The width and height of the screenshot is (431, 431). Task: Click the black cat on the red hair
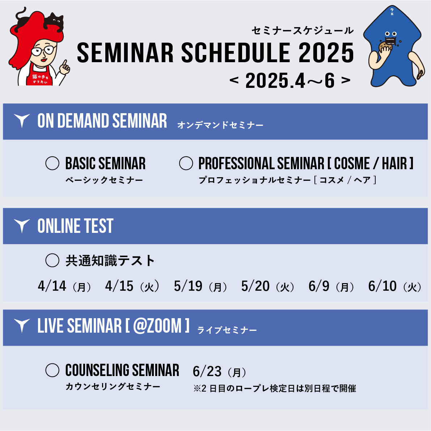(x=54, y=22)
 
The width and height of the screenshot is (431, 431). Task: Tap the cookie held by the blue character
(x=385, y=47)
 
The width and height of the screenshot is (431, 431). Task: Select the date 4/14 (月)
(x=64, y=286)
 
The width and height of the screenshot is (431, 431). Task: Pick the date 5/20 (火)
(x=268, y=286)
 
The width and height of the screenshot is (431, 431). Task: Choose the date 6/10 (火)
(x=395, y=286)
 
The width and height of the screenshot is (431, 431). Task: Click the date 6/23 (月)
(x=220, y=372)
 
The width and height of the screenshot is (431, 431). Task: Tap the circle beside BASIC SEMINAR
(x=52, y=163)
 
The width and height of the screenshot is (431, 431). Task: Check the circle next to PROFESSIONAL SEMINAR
(x=186, y=163)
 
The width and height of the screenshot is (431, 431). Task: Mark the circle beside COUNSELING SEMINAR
(x=52, y=370)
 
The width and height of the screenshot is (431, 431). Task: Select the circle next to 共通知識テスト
(x=52, y=260)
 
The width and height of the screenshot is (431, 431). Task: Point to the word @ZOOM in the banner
(x=157, y=326)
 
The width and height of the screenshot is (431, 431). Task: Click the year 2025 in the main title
(x=326, y=53)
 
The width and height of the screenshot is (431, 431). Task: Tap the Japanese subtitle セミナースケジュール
(x=303, y=30)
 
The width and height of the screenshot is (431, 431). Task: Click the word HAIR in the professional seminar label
(x=394, y=163)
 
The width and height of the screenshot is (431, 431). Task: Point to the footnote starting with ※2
(x=275, y=388)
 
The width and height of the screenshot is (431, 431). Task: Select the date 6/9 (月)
(x=331, y=286)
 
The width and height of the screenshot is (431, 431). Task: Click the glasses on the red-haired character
(x=43, y=51)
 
